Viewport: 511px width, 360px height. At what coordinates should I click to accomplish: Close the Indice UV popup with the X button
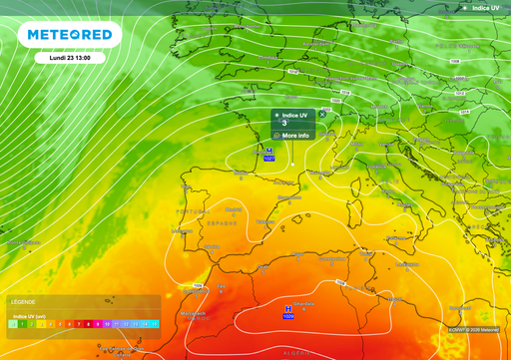pos(322,115)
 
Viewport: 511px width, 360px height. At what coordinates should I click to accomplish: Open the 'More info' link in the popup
pos(294,135)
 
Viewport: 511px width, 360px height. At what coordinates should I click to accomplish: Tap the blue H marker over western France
pos(268,151)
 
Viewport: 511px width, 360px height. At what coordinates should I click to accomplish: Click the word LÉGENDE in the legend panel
pos(24,300)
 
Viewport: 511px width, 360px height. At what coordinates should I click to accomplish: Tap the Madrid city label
pos(236,209)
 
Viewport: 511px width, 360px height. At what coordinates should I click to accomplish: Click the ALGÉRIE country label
pos(297,353)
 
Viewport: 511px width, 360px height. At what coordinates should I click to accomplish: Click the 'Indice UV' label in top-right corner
pos(486,8)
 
